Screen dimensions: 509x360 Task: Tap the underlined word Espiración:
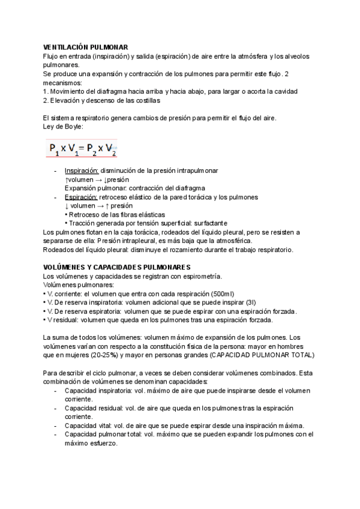click(x=81, y=197)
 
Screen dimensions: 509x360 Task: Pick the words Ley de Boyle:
click(x=63, y=126)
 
